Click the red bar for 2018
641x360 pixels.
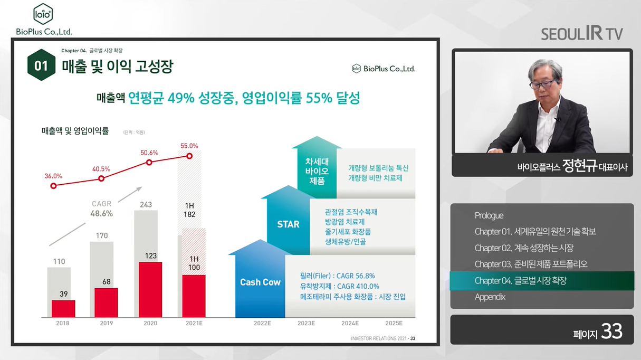click(63, 309)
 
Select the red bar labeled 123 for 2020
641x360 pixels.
click(150, 290)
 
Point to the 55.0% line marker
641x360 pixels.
click(189, 156)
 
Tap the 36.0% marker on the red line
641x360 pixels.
click(53, 186)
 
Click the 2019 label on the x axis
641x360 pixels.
click(107, 324)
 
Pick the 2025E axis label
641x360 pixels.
click(394, 324)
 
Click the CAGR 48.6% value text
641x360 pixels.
click(102, 213)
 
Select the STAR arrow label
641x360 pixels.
click(288, 224)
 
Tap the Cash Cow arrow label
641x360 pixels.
click(260, 282)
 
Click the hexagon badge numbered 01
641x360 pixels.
click(41, 65)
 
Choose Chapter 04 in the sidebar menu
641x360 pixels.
click(521, 281)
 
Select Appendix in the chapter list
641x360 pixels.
click(490, 297)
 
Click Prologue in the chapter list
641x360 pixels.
click(489, 215)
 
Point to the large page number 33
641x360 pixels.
click(612, 331)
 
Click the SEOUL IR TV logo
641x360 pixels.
click(582, 33)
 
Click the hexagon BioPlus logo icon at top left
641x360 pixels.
click(43, 14)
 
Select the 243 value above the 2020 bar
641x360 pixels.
click(146, 204)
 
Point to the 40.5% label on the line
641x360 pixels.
click(101, 169)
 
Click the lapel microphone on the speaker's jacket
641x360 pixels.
click(557, 119)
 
